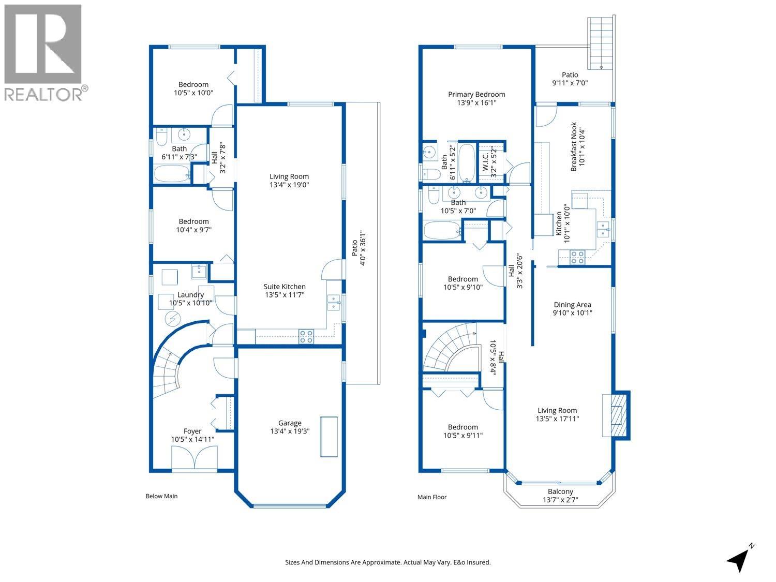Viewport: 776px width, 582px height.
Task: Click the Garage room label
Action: (x=289, y=423)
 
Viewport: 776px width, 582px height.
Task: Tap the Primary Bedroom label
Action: (x=476, y=94)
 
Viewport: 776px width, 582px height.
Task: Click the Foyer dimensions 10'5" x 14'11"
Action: (x=192, y=439)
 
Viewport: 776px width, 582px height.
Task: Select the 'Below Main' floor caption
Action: (x=161, y=496)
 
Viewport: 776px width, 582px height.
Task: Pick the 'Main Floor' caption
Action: (x=432, y=497)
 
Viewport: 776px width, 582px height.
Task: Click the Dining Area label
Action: (x=572, y=305)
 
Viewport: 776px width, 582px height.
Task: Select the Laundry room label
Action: (x=190, y=295)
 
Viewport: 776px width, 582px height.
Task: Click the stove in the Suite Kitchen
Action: (x=306, y=337)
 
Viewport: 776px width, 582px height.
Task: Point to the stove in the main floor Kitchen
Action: (x=577, y=257)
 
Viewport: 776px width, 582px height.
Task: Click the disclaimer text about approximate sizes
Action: (x=388, y=562)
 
